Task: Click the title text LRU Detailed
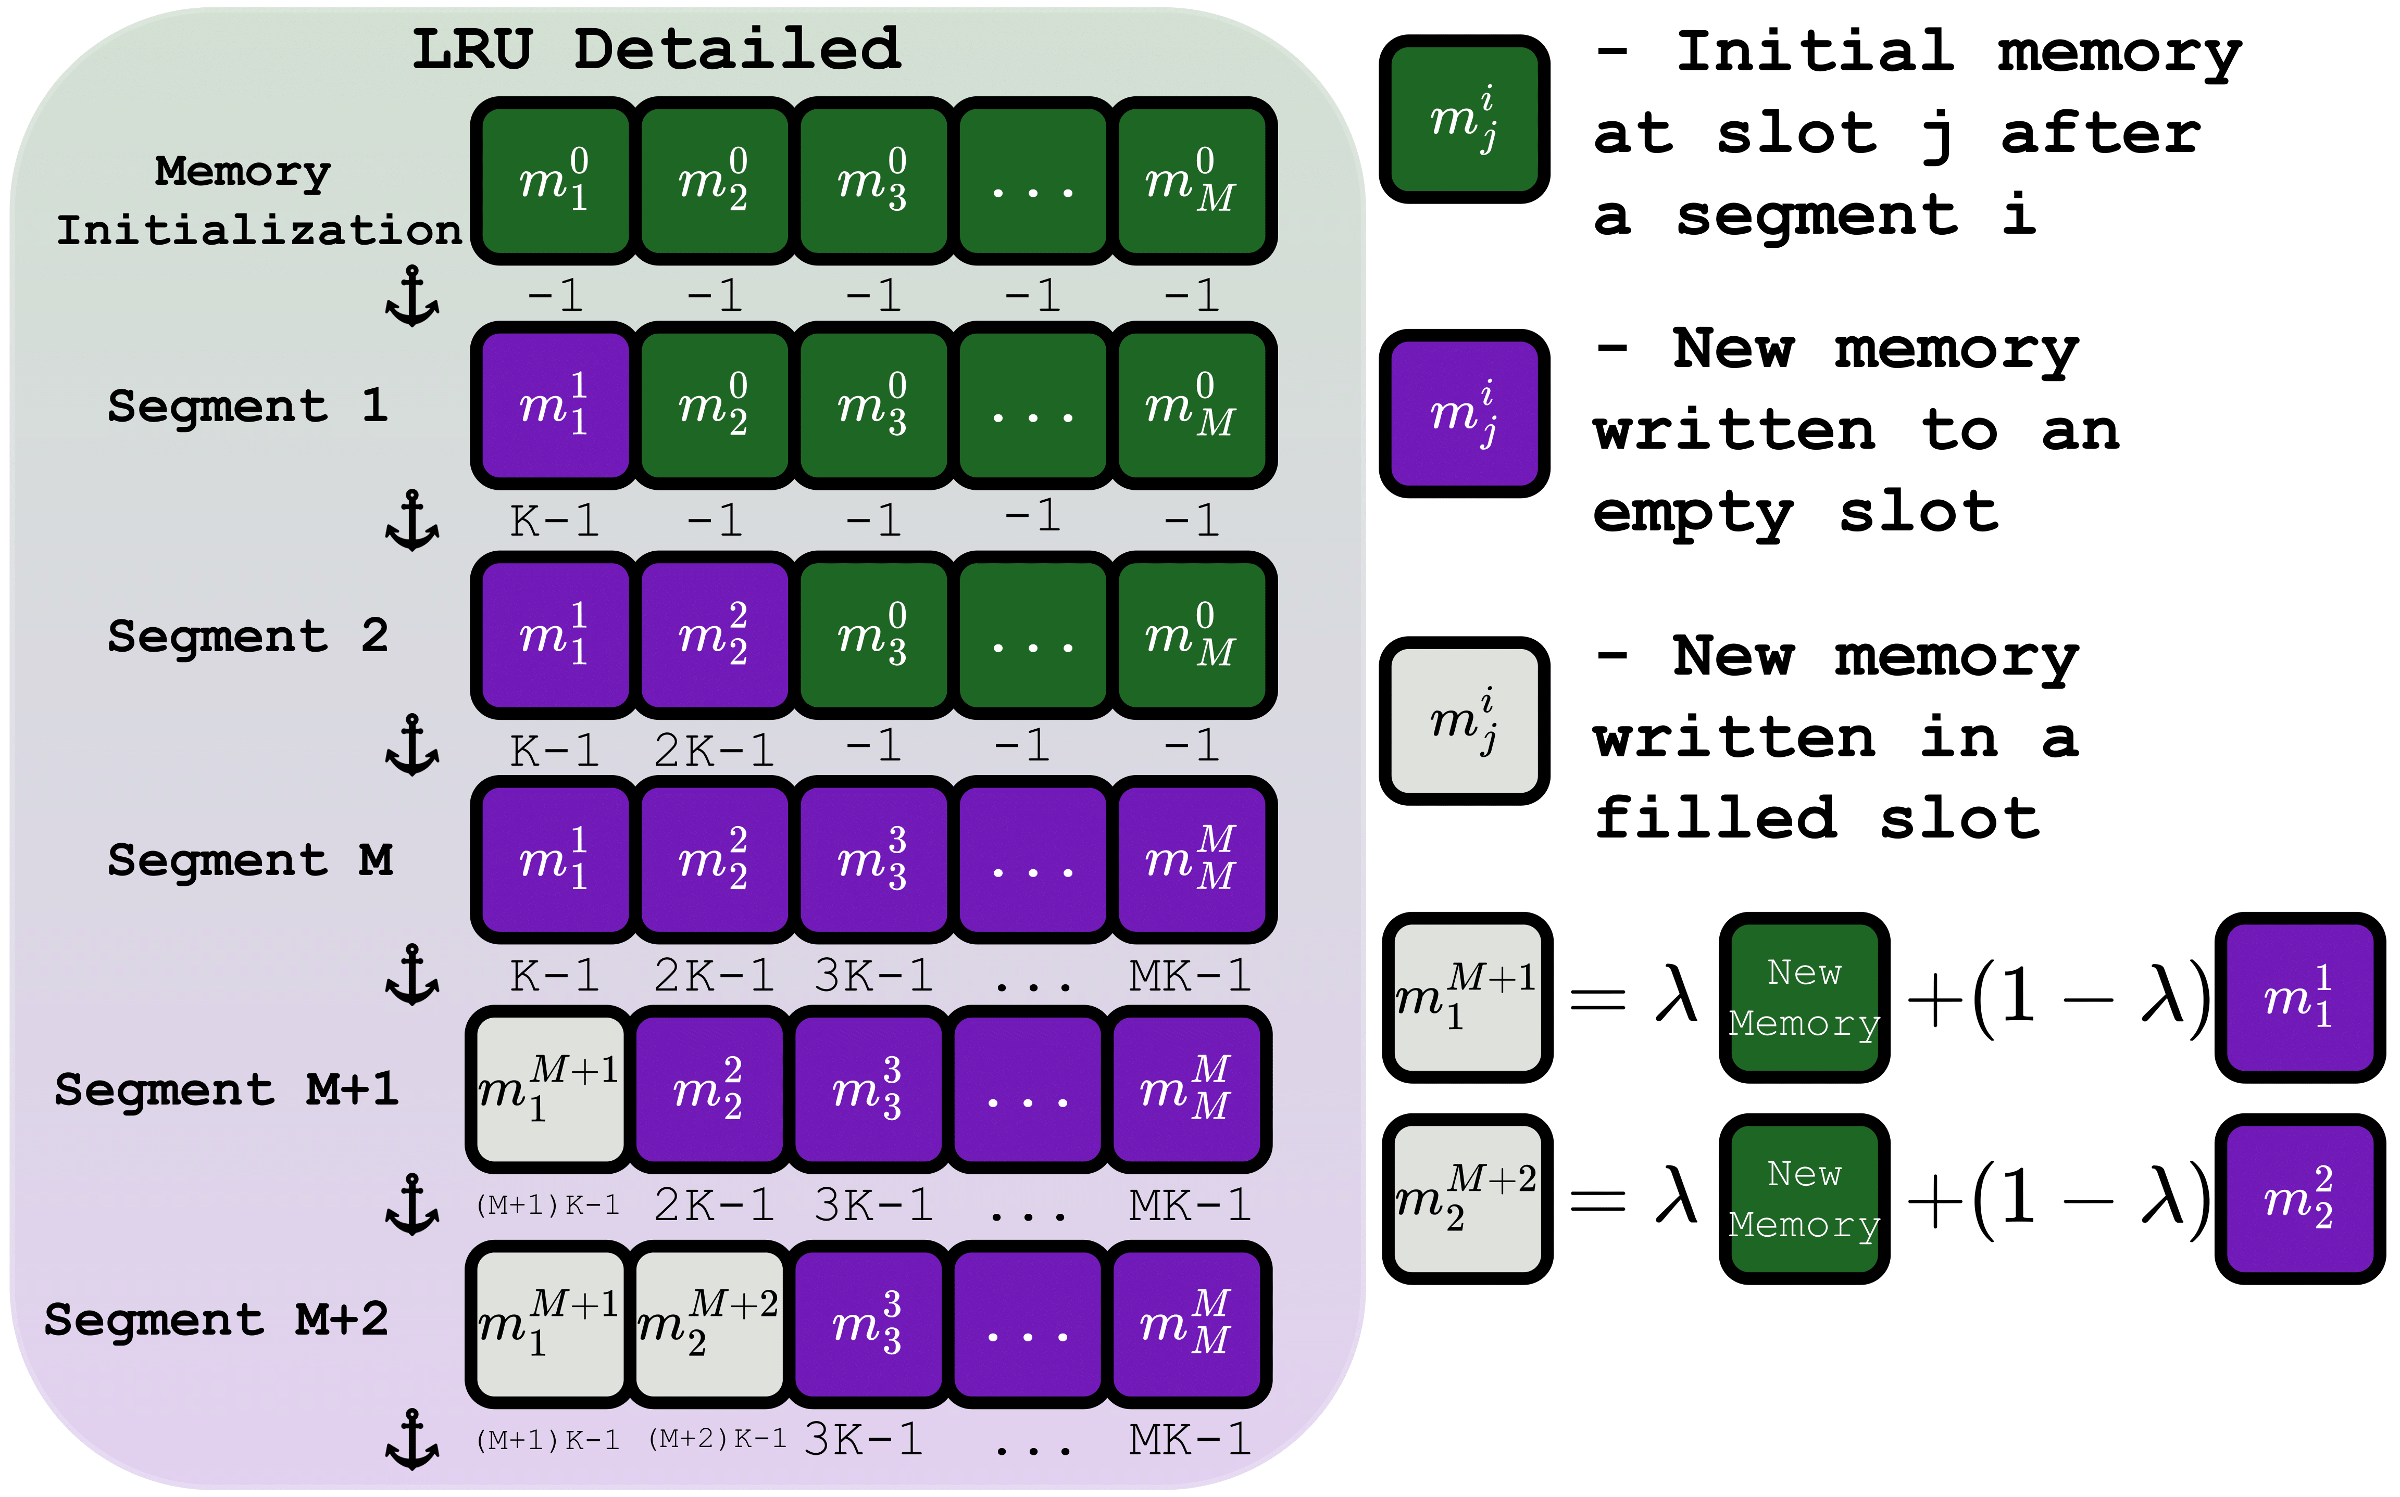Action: [x=656, y=49]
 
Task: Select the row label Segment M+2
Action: [x=216, y=1320]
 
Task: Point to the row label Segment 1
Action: [x=247, y=406]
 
